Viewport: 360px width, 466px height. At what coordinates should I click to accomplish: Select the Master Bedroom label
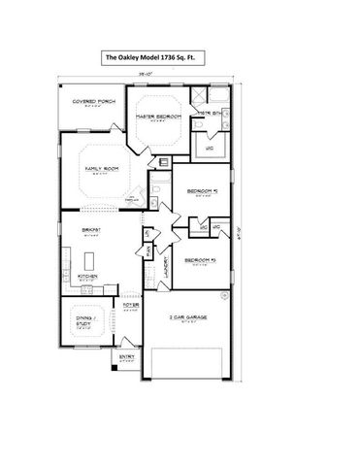(x=158, y=118)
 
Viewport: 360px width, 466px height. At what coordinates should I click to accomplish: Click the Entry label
(x=127, y=357)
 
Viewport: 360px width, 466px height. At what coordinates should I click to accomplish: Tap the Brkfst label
(x=86, y=232)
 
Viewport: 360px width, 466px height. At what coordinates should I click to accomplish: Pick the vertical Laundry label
(x=166, y=269)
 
